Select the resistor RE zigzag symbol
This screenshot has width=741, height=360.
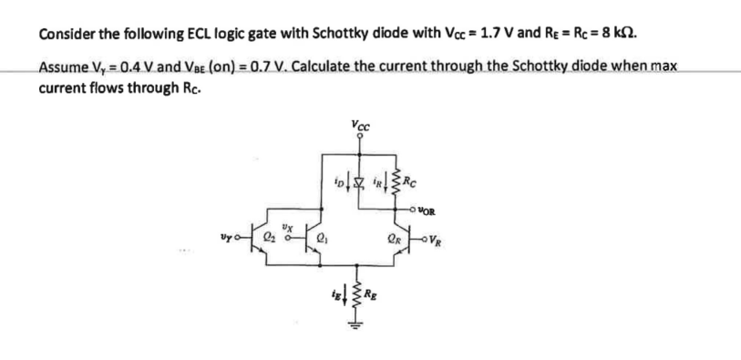(x=358, y=291)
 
